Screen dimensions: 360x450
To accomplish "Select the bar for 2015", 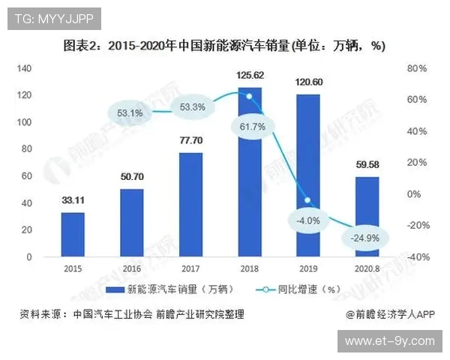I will pyautogui.click(x=73, y=234).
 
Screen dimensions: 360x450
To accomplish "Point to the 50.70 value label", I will pyautogui.click(x=132, y=178).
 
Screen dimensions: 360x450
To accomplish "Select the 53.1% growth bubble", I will pyautogui.click(x=130, y=113).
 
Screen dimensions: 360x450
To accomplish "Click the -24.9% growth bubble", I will pyautogui.click(x=364, y=238).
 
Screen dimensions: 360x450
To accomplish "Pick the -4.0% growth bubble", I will pyautogui.click(x=307, y=220).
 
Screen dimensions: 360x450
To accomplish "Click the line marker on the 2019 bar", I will pyautogui.click(x=307, y=200).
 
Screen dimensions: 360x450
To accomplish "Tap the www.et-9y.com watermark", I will pyautogui.click(x=389, y=341).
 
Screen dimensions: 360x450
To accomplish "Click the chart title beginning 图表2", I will pyautogui.click(x=224, y=46).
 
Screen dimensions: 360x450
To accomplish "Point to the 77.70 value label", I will pyautogui.click(x=190, y=141).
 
